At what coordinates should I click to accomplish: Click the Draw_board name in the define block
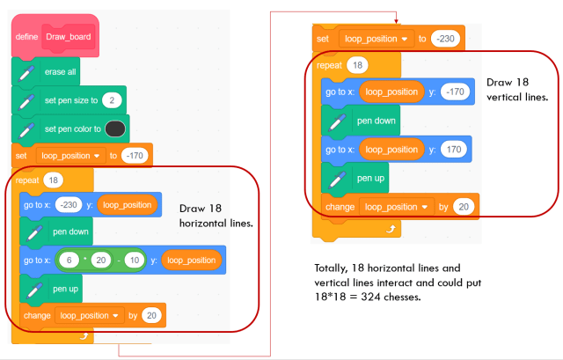[69, 37]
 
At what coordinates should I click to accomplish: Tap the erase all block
[46, 72]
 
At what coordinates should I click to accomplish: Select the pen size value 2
[112, 100]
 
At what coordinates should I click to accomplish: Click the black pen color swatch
[115, 129]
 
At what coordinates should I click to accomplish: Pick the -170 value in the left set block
[135, 156]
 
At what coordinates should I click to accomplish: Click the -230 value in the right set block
[445, 39]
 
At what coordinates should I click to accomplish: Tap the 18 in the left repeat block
[54, 180]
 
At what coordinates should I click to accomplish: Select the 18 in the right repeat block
[357, 65]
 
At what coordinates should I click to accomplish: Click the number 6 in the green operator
[69, 261]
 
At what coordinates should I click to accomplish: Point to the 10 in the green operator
[135, 261]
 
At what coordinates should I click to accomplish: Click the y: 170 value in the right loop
[454, 149]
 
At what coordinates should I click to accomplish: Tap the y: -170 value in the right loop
[455, 92]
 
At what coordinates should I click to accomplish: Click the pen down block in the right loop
[361, 121]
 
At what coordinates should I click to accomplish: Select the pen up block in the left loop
[51, 289]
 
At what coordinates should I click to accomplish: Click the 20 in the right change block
[464, 207]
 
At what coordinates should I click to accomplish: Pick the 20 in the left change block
[151, 315]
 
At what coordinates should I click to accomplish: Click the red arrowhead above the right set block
[396, 21]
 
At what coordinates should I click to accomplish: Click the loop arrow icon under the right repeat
[391, 229]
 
